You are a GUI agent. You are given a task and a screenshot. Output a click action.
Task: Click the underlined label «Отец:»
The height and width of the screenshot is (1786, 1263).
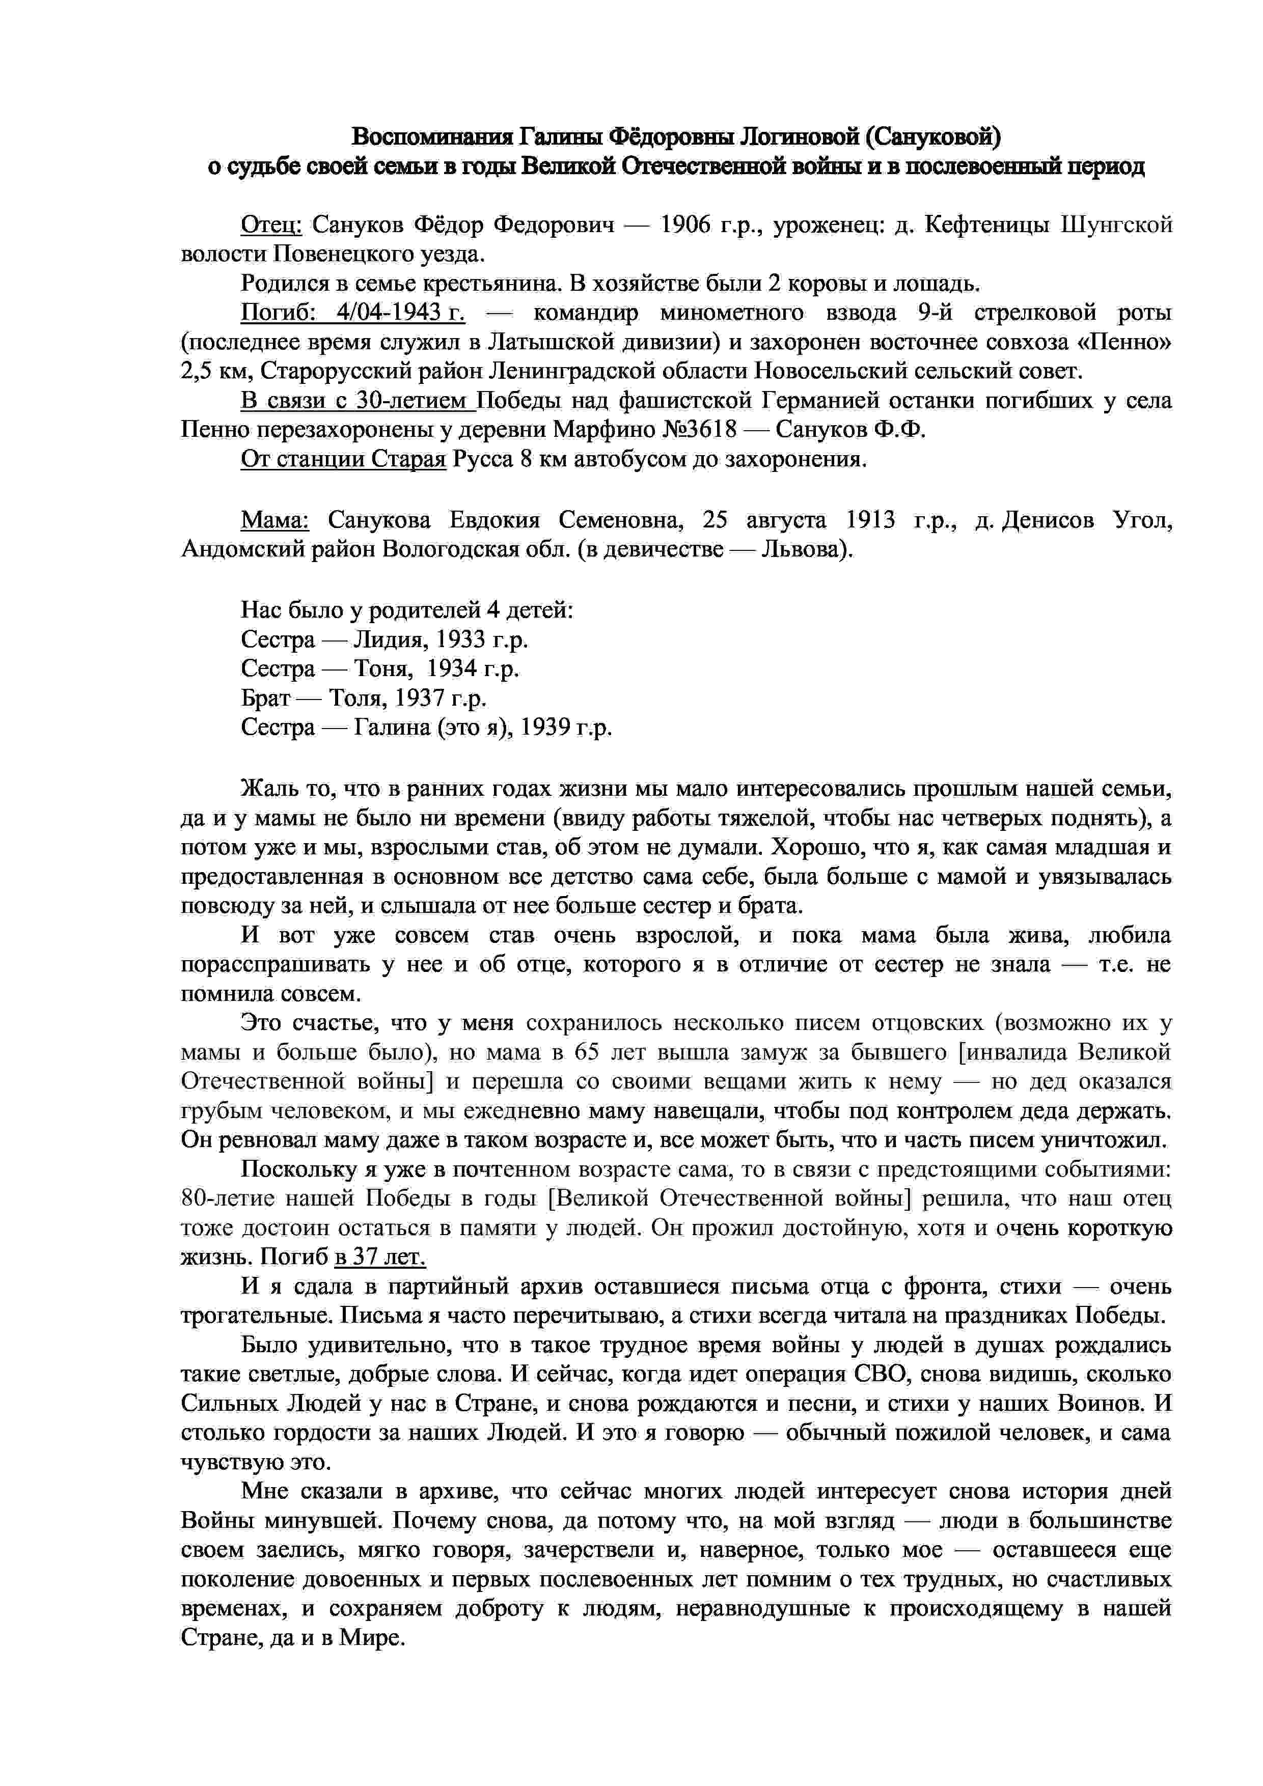pos(271,226)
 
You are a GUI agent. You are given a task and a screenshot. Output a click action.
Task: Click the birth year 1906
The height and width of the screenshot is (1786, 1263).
pos(687,226)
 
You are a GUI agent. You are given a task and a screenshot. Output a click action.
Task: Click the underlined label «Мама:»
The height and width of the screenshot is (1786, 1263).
pos(274,520)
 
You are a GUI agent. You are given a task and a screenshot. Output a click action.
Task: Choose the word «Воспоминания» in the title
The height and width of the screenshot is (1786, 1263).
pos(431,137)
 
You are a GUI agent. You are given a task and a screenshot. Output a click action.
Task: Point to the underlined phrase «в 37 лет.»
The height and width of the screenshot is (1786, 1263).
pos(379,1257)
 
